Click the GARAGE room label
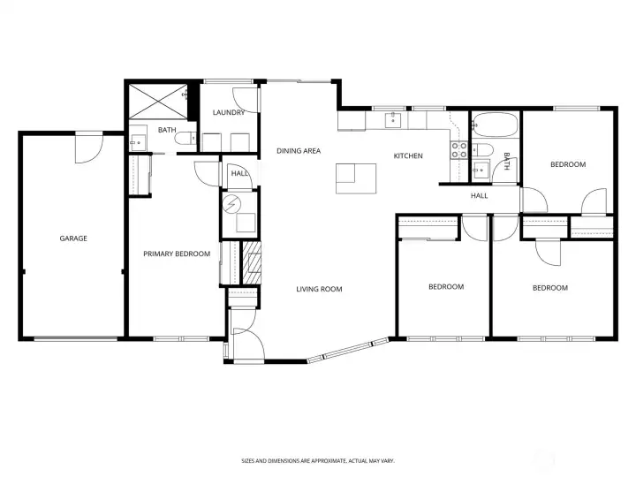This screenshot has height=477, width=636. tap(73, 238)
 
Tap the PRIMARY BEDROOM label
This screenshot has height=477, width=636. tap(177, 254)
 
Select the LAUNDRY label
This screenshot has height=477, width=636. tap(229, 113)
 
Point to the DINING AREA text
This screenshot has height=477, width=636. tap(298, 151)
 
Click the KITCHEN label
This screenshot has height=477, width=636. tap(408, 156)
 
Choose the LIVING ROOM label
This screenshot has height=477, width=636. tap(319, 290)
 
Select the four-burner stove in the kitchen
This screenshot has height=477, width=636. tap(459, 150)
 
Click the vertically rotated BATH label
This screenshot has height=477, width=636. tap(507, 161)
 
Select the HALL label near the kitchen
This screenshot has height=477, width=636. tap(479, 196)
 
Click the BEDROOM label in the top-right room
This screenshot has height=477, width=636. tap(567, 164)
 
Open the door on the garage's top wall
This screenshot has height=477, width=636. tap(88, 147)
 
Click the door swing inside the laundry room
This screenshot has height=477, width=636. tap(251, 98)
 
